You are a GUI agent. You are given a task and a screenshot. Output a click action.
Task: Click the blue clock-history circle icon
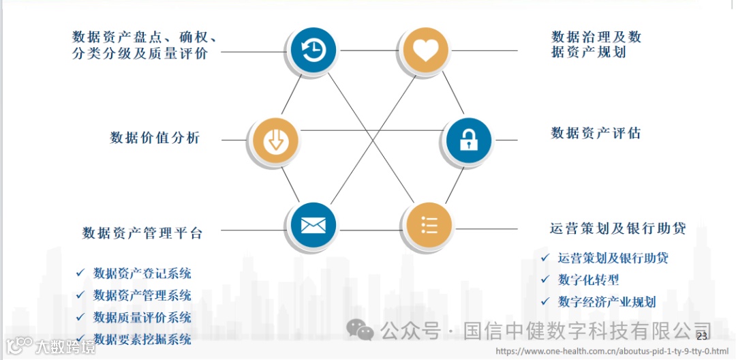point(313,50)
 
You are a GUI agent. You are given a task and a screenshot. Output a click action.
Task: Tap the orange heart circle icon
point(425,50)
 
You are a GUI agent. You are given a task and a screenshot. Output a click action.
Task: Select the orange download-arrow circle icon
point(276,140)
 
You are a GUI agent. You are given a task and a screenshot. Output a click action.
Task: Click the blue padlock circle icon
point(468,140)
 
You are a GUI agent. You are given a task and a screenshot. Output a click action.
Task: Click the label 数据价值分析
point(155,138)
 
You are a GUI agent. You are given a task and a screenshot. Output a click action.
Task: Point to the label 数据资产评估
point(596,133)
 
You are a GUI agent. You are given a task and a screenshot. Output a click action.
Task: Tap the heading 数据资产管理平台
point(142,232)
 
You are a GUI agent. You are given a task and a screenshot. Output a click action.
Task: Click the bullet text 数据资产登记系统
point(142,274)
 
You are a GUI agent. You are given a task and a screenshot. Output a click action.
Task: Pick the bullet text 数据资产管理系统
point(142,296)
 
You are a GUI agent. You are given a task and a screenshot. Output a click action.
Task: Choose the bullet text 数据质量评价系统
point(142,318)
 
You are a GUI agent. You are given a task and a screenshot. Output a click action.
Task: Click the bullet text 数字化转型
point(588,280)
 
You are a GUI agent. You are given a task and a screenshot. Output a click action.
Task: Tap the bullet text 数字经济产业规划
point(607,301)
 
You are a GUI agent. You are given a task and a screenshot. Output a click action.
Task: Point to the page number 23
point(702,337)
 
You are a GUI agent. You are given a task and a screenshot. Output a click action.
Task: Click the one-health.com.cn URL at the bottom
point(612,351)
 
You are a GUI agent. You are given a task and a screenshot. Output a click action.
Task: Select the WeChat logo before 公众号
point(360,330)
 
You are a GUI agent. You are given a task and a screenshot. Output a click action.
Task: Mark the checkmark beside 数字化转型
point(545,280)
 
